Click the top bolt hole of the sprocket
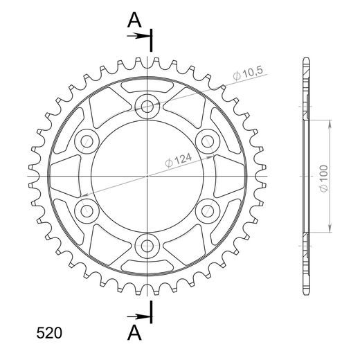coord(147,107)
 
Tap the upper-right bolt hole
coord(207,141)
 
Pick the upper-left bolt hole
coord(88,141)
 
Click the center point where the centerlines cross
coord(147,175)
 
